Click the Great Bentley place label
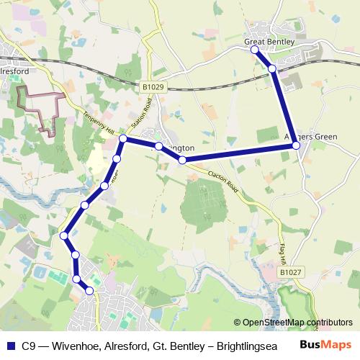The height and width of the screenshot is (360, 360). [x=270, y=42]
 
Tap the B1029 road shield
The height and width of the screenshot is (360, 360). [x=153, y=87]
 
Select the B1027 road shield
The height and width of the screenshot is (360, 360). [x=291, y=273]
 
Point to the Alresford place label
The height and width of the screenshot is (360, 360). [x=14, y=72]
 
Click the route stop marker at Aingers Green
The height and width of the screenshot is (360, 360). [x=296, y=146]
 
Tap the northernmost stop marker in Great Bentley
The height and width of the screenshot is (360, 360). [x=255, y=50]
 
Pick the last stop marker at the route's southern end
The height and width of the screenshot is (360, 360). [x=90, y=291]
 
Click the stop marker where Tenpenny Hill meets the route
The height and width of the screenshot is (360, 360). [x=123, y=138]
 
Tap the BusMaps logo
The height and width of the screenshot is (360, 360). [x=326, y=344]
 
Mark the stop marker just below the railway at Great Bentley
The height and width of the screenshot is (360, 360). [x=272, y=68]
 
